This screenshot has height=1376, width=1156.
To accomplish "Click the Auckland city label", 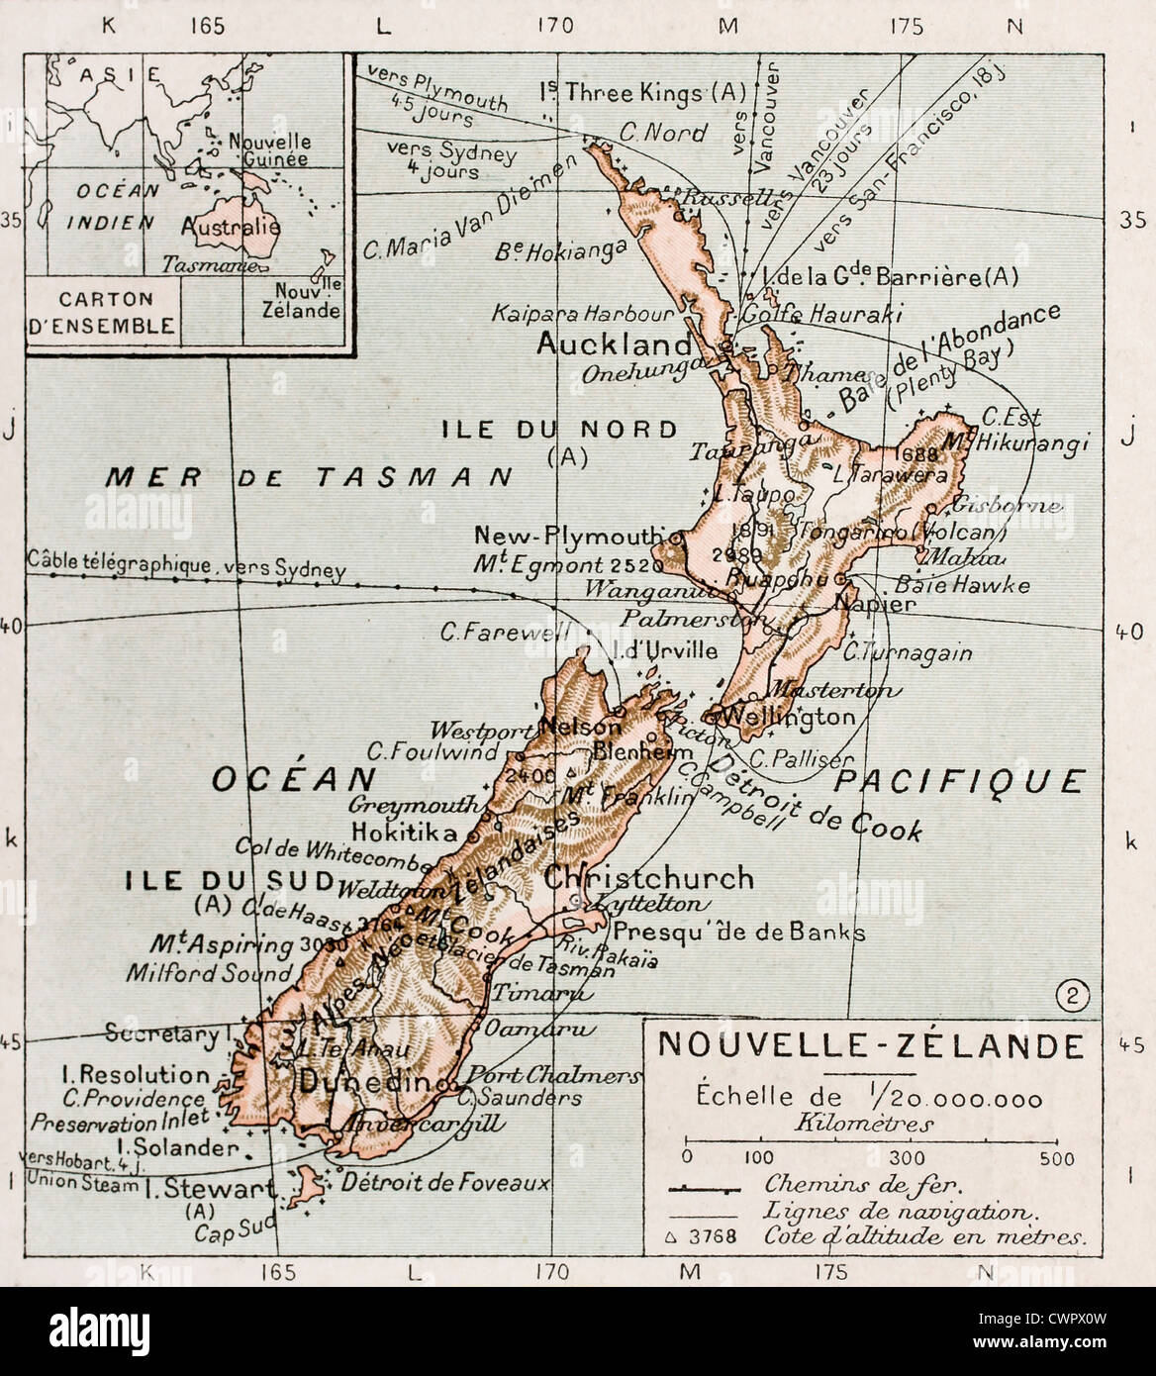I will pos(614,344).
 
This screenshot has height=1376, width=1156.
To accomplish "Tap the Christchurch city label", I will pos(648,878).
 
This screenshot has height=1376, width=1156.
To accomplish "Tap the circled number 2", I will pos(1068,997).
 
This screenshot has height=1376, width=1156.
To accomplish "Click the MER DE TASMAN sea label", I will pos(308,477).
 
